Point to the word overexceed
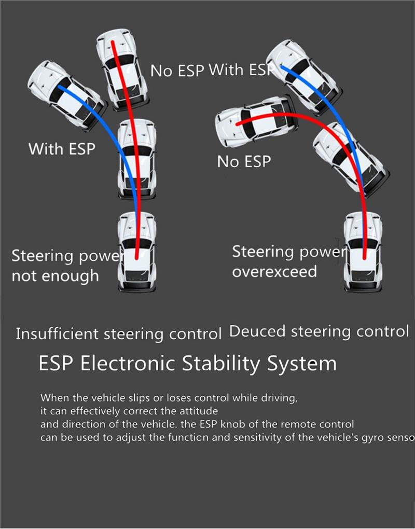click(x=274, y=271)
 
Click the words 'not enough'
click(x=55, y=275)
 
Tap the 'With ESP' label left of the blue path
click(x=62, y=149)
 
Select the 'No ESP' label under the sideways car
click(x=244, y=162)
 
